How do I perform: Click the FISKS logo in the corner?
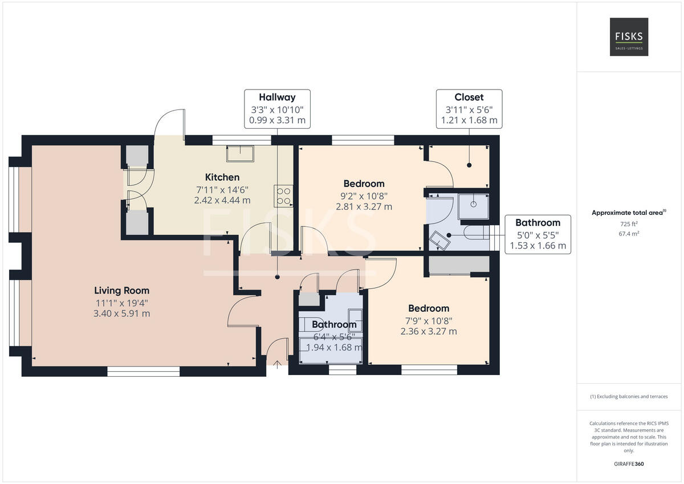pyautogui.click(x=629, y=37)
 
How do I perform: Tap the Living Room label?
pyautogui.click(x=122, y=291)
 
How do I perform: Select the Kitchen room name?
pyautogui.click(x=222, y=177)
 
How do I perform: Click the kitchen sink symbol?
pyautogui.click(x=240, y=153)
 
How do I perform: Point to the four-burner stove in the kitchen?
pyautogui.click(x=283, y=196)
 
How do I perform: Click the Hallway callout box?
pyautogui.click(x=277, y=109)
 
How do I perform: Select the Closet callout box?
pyautogui.click(x=469, y=109)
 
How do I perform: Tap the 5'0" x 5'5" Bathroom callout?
pyautogui.click(x=538, y=234)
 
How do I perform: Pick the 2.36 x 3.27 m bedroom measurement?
pyautogui.click(x=428, y=331)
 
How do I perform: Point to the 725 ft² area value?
pyautogui.click(x=629, y=224)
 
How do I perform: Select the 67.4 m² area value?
pyautogui.click(x=629, y=233)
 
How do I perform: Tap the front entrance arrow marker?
pyautogui.click(x=277, y=364)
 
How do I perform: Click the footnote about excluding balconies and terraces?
pyautogui.click(x=629, y=397)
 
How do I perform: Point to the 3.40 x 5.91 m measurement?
pyautogui.click(x=122, y=314)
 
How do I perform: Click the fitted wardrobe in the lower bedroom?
pyautogui.click(x=459, y=265)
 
